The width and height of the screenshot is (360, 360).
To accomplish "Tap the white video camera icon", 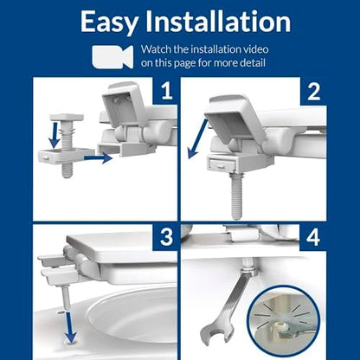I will tap(112, 56).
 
